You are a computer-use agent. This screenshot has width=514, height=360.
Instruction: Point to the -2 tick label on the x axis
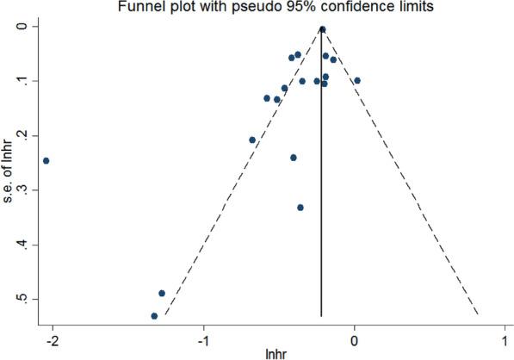pos(52,338)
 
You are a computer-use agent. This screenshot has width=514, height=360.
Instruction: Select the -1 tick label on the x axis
pos(203,338)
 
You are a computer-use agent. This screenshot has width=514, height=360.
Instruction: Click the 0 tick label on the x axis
pos(355,338)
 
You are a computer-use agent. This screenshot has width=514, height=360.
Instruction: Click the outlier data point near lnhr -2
pos(46,161)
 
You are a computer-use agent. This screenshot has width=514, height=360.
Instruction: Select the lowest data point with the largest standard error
pos(154,316)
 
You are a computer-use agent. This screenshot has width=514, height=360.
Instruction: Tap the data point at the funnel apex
pos(322,29)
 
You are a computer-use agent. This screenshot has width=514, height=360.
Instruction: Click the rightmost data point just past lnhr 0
pos(357,81)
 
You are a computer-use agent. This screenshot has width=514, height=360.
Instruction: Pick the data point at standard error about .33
pos(300,208)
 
